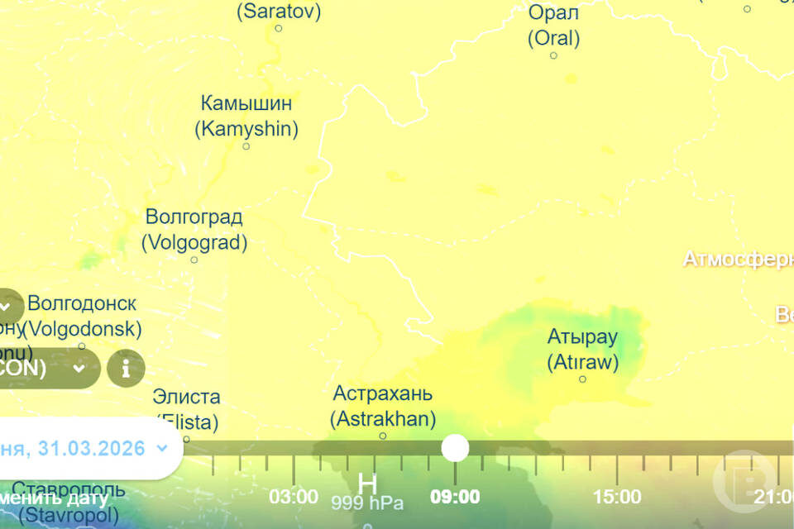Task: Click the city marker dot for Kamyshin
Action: [x=246, y=146]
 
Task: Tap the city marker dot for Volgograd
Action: [x=194, y=260]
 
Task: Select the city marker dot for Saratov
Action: [x=279, y=28]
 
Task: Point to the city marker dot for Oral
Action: [x=553, y=55]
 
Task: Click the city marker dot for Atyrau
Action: [x=582, y=379]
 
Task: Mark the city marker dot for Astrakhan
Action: [x=383, y=436]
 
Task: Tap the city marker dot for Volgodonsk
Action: [x=81, y=346]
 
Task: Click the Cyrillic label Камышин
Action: [x=246, y=104]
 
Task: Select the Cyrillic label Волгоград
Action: [x=194, y=217]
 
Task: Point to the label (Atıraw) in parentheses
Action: [x=582, y=362]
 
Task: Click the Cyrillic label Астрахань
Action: [x=382, y=393]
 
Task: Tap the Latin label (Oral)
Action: [x=553, y=38]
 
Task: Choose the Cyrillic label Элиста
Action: [x=187, y=398]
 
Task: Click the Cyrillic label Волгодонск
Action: [x=82, y=303]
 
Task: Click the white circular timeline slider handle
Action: [x=455, y=448]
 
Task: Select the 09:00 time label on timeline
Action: [x=455, y=497]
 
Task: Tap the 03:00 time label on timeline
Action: [x=294, y=497]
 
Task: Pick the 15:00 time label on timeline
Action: [x=617, y=497]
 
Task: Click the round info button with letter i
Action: [x=126, y=369]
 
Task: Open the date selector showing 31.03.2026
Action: [x=83, y=449]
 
